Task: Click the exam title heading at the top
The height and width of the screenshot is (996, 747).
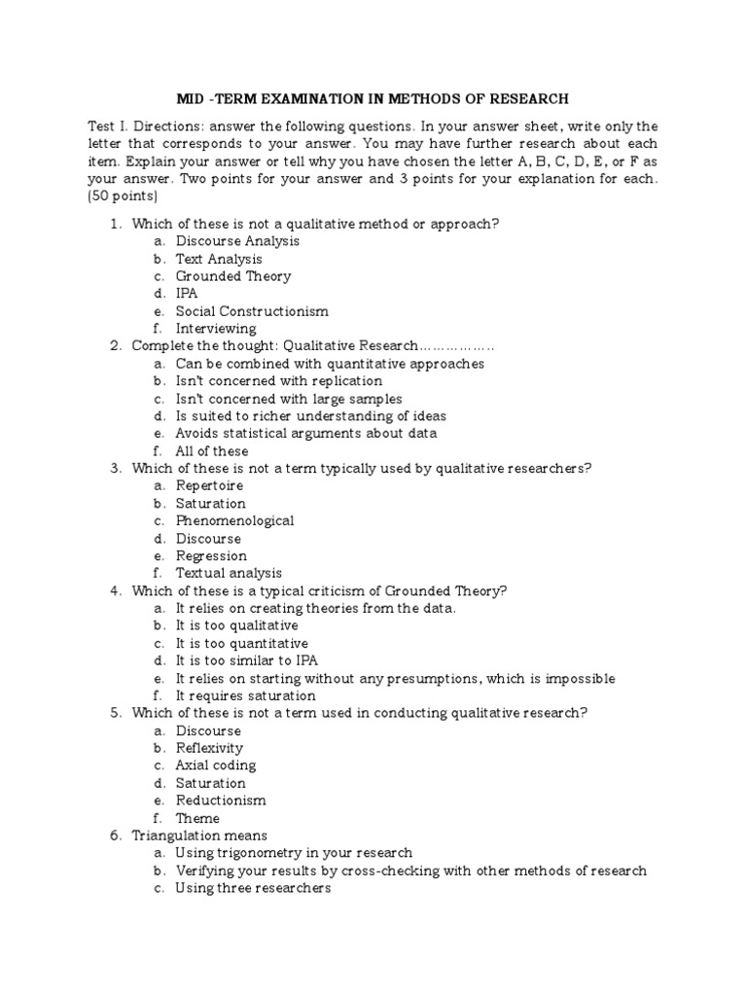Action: [373, 98]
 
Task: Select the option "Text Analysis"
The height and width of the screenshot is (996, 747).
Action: [219, 259]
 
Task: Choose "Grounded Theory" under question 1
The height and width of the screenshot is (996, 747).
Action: [233, 276]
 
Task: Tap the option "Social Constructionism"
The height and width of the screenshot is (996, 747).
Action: [252, 311]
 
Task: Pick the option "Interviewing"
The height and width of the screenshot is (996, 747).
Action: [217, 329]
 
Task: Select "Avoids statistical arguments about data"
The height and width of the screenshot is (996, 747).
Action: [306, 434]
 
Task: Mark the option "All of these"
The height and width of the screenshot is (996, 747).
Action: [212, 451]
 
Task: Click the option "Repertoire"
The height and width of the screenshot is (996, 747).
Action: [209, 485]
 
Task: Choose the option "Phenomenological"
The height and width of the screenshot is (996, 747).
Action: [234, 520]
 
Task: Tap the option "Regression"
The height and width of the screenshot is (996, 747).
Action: [211, 556]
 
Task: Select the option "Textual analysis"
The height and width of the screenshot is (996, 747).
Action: [229, 574]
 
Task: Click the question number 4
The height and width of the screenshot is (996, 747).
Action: [114, 591]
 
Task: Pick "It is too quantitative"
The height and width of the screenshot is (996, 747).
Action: [241, 644]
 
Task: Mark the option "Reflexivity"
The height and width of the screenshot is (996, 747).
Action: [209, 748]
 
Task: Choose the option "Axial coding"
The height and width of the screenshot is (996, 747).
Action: [215, 765]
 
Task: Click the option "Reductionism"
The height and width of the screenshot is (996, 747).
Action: [221, 800]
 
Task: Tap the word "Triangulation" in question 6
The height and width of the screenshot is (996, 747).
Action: [179, 836]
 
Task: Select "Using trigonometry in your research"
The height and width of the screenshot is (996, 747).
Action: [294, 853]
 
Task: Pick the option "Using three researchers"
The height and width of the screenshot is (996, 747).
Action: [253, 888]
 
